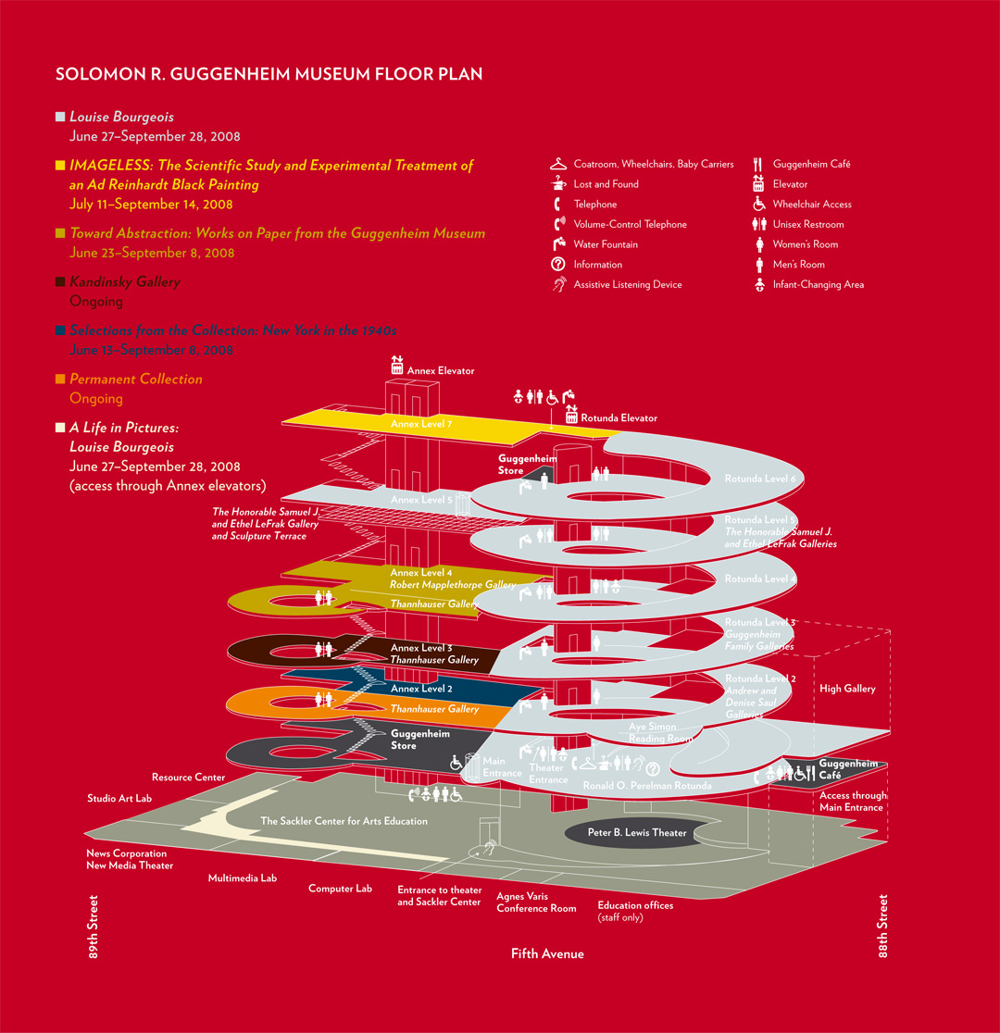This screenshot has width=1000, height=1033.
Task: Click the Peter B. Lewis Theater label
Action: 637,832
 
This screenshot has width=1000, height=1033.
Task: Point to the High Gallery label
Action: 846,689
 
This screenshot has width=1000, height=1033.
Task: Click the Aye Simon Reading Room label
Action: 660,733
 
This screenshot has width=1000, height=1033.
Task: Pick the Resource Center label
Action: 188,778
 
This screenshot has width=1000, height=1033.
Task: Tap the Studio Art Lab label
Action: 119,798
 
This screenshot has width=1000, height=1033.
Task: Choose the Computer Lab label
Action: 340,889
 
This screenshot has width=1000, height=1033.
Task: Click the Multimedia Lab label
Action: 242,877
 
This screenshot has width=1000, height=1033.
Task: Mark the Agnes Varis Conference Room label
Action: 536,902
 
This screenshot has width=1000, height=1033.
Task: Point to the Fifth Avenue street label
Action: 547,953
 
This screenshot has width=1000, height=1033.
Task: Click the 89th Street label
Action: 94,926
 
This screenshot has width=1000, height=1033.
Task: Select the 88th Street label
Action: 882,926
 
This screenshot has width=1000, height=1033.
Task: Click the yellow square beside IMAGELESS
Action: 60,166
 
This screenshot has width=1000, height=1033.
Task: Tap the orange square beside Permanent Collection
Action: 60,379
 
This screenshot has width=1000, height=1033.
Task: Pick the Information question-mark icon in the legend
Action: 557,265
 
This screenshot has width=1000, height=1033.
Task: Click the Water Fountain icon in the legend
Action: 557,244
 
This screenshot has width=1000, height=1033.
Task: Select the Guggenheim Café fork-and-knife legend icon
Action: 757,164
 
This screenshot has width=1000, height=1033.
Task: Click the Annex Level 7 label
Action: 420,424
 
